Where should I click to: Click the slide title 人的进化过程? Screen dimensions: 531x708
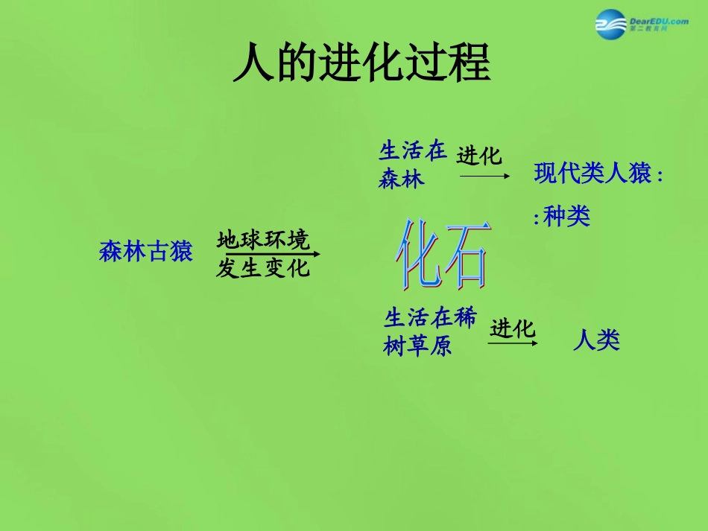[x=361, y=63]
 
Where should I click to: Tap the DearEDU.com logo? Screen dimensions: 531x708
[x=641, y=25]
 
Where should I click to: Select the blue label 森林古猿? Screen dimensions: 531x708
[x=146, y=252]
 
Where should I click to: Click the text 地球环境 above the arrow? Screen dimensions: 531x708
[x=263, y=239]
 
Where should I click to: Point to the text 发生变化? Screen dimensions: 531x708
[x=263, y=268]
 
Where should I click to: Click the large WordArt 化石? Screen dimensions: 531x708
[x=443, y=255]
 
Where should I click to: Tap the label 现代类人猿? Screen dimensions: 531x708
[x=593, y=174]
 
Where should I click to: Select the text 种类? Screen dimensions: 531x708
[x=567, y=217]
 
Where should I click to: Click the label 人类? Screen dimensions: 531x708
[x=596, y=341]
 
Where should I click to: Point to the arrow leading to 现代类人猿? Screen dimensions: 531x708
[x=484, y=176]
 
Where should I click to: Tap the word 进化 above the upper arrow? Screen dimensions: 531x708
[x=480, y=156]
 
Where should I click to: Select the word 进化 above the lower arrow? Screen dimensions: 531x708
[x=513, y=328]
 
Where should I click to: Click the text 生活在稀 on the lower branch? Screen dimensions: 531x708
[x=430, y=318]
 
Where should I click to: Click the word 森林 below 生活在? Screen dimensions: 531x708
[x=402, y=179]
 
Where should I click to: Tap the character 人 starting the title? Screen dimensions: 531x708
[x=252, y=63]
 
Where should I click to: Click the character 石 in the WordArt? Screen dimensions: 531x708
[x=466, y=255]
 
